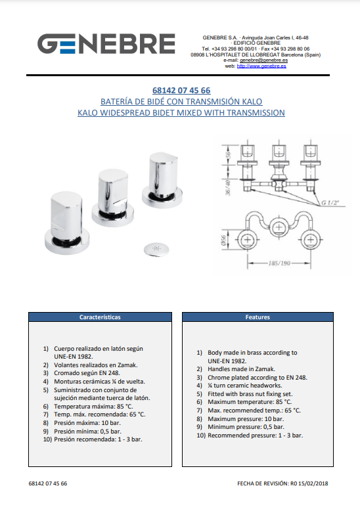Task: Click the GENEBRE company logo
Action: (106, 43)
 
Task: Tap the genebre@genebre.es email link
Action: (264, 60)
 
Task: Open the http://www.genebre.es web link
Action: (261, 66)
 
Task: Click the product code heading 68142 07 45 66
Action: (181, 91)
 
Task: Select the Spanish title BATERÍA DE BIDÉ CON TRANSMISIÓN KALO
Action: (181, 102)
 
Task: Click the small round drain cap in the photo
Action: (156, 250)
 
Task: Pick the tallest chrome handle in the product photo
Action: (162, 180)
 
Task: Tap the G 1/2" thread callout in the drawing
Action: (330, 203)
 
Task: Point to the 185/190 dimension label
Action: (279, 263)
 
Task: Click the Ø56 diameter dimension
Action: (224, 240)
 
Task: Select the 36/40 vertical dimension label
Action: (228, 187)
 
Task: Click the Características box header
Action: (100, 317)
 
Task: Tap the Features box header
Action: (258, 317)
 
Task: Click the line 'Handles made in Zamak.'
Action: (241, 369)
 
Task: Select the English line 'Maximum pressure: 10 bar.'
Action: (246, 419)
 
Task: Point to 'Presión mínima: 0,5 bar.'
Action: (88, 431)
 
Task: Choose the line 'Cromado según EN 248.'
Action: (87, 373)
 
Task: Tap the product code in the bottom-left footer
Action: (48, 483)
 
